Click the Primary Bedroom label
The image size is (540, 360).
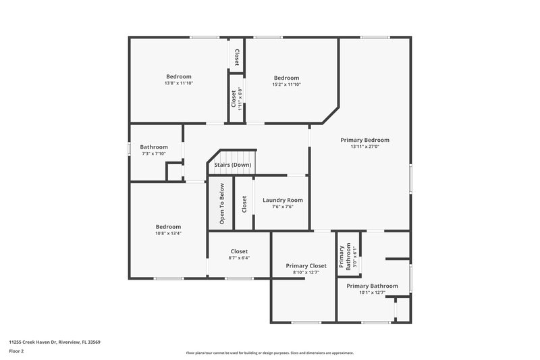point(364,140)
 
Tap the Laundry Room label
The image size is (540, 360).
point(282,200)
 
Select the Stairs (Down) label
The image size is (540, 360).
point(233,165)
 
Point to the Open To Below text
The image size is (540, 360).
point(221,204)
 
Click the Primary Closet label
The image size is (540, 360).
point(306,265)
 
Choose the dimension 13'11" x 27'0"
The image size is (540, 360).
point(364,147)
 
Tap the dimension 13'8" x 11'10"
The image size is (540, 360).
point(179,84)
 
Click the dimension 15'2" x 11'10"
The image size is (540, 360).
point(286,84)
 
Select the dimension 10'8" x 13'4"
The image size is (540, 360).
point(168,233)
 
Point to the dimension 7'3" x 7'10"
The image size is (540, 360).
point(153,153)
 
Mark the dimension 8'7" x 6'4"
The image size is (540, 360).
point(239,257)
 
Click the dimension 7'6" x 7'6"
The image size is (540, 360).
point(282,207)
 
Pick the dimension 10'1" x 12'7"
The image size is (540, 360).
point(372,292)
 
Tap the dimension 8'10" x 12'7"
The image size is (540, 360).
point(306,272)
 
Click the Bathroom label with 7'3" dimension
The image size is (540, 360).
point(153,147)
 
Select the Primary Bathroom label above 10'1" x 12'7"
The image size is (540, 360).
point(372,286)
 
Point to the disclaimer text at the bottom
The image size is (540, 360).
point(269,353)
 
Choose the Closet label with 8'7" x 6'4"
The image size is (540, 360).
point(239,251)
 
